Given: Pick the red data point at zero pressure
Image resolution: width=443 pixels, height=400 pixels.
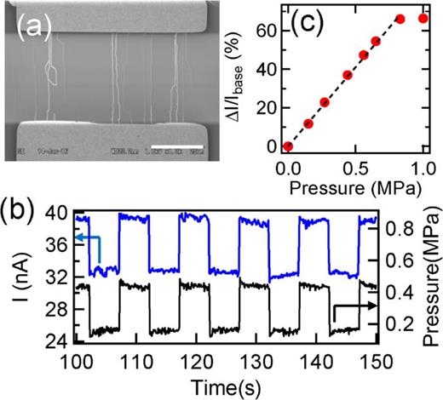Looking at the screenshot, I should [x=288, y=146].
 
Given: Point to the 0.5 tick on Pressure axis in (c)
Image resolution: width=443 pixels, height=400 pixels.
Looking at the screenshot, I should [x=355, y=163].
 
